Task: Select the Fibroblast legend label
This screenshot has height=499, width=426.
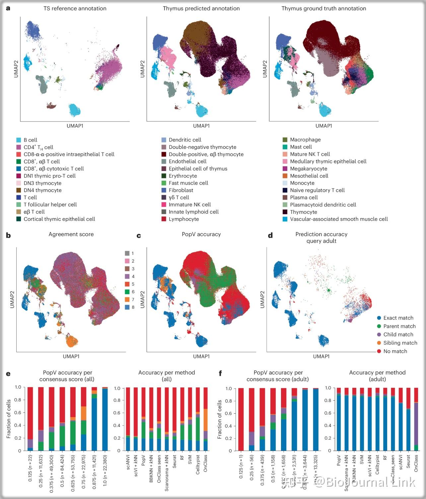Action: pyautogui.click(x=181, y=190)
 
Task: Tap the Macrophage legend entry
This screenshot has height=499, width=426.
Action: pyautogui.click(x=305, y=140)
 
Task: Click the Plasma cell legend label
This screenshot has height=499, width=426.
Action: pyautogui.click(x=304, y=198)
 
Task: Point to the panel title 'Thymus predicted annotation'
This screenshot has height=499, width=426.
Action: pyautogui.click(x=201, y=9)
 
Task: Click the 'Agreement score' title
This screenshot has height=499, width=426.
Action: pyautogui.click(x=71, y=234)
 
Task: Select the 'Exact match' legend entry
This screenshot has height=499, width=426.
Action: pyautogui.click(x=398, y=318)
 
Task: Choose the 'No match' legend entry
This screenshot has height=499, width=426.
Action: pyautogui.click(x=395, y=351)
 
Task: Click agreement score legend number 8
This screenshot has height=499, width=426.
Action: pyautogui.click(x=133, y=307)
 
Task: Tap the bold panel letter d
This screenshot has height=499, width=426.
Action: pyautogui.click(x=270, y=236)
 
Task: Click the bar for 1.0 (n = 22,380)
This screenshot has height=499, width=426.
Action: pyautogui.click(x=105, y=419)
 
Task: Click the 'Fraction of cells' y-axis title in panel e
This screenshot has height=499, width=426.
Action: pyautogui.click(x=9, y=419)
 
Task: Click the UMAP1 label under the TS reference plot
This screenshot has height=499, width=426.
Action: pyautogui.click(x=75, y=126)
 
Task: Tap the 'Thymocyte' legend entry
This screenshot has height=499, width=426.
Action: pyautogui.click(x=303, y=212)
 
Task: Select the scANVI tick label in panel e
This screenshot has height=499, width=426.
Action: pyautogui.click(x=128, y=463)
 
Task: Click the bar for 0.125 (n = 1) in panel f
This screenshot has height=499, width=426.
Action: pyautogui.click(x=241, y=419)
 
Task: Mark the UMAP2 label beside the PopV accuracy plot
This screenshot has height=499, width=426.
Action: pyautogui.click(x=143, y=299)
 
